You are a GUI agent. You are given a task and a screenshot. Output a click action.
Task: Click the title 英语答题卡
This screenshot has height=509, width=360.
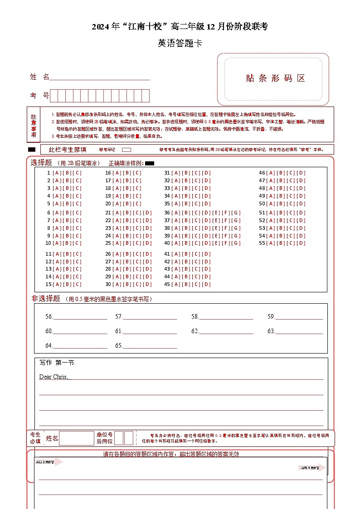[x=180, y=44]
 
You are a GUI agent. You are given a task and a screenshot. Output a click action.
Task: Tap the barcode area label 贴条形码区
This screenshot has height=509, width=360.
[x=275, y=78]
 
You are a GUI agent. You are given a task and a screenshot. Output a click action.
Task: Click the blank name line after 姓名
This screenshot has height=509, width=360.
[x=100, y=77]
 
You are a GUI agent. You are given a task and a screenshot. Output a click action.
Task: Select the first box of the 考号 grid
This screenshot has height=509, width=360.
[x=54, y=96]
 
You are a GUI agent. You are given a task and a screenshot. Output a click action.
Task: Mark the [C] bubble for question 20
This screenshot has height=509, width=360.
[x=137, y=204]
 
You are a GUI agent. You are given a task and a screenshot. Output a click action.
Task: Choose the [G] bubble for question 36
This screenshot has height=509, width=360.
[x=237, y=213]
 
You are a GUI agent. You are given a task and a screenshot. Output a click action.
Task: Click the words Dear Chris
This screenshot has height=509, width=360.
[x=54, y=377]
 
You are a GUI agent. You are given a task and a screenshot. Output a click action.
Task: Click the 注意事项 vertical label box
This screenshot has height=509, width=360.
[x=34, y=125]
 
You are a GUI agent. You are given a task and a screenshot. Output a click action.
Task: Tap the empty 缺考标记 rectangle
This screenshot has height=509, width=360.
[x=126, y=150]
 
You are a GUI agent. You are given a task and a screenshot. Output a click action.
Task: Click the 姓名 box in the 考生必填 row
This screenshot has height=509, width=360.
[x=76, y=438]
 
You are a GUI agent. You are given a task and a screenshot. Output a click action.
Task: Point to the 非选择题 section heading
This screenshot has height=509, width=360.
[x=46, y=299]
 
